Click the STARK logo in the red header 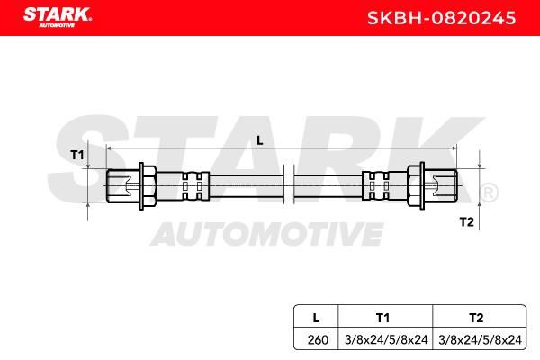click(58, 17)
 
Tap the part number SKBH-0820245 click(442, 18)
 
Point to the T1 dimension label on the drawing click(77, 155)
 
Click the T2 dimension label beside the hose click(466, 222)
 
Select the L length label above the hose click(260, 140)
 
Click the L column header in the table click(316, 318)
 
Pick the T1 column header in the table click(382, 318)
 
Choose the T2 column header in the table click(476, 318)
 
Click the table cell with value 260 click(318, 340)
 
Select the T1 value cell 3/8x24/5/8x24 click(386, 340)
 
